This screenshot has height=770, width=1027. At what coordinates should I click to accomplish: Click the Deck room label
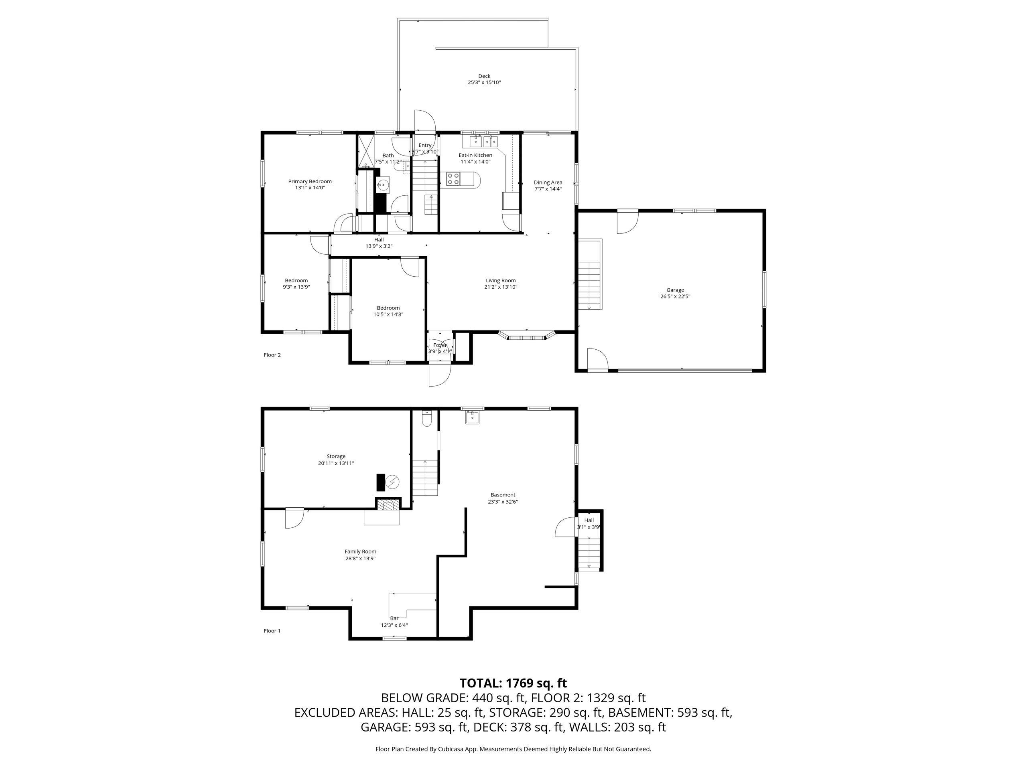(x=484, y=76)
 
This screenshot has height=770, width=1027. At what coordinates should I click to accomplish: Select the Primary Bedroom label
(x=310, y=182)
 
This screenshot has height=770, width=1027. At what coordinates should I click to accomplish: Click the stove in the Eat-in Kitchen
(x=453, y=179)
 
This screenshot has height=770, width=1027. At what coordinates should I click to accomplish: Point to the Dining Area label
(x=548, y=182)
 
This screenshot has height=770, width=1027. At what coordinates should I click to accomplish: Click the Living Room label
(x=501, y=280)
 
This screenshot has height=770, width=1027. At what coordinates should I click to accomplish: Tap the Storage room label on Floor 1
(x=336, y=456)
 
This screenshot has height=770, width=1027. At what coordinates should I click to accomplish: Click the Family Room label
(x=360, y=551)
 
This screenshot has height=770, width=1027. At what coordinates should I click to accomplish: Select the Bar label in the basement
(x=394, y=618)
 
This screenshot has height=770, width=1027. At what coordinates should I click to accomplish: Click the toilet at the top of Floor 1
(x=427, y=419)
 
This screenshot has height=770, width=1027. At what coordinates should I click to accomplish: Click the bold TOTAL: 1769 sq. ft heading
(x=513, y=683)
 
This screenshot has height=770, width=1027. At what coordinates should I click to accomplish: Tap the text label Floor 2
(x=272, y=355)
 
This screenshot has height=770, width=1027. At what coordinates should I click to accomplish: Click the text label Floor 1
(x=272, y=631)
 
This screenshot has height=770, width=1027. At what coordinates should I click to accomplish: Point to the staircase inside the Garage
(x=589, y=286)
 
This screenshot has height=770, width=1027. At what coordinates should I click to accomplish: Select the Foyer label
(x=440, y=345)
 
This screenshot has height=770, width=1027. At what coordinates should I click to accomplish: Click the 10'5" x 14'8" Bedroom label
(x=388, y=308)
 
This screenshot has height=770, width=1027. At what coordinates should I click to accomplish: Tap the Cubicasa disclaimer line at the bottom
(x=513, y=749)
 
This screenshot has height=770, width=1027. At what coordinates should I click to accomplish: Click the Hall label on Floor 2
(x=379, y=239)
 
